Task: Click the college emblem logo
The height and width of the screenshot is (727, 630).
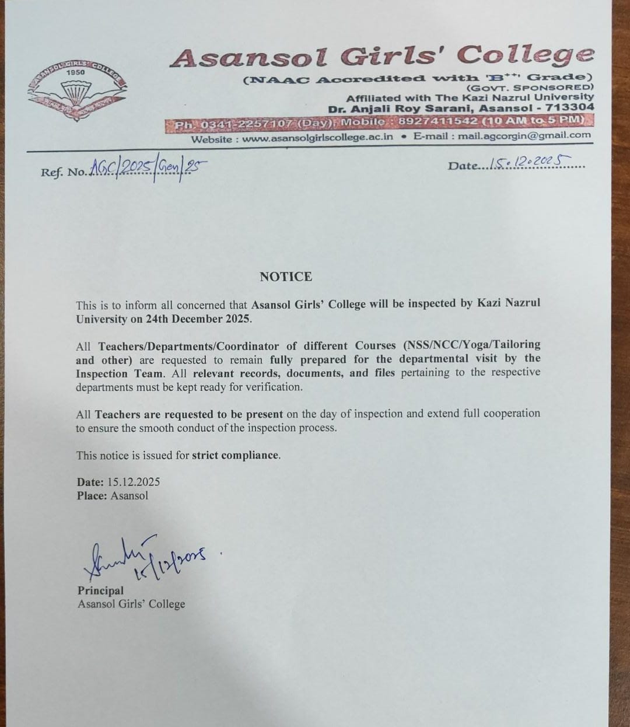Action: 76,91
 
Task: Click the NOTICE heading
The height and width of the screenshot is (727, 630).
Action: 286,277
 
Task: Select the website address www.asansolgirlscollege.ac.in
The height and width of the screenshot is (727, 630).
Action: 317,138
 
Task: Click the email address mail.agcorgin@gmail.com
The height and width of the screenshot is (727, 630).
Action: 524,135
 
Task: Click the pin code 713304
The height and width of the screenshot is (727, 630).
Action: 570,107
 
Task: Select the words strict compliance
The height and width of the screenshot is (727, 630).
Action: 235,455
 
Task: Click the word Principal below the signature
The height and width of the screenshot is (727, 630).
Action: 100,590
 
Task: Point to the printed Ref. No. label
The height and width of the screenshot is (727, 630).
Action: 63,172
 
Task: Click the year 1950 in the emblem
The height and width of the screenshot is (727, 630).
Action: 75,72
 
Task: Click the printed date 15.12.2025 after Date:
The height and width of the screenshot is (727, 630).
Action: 134,482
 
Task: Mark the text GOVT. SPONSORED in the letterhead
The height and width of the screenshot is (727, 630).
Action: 530,87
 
